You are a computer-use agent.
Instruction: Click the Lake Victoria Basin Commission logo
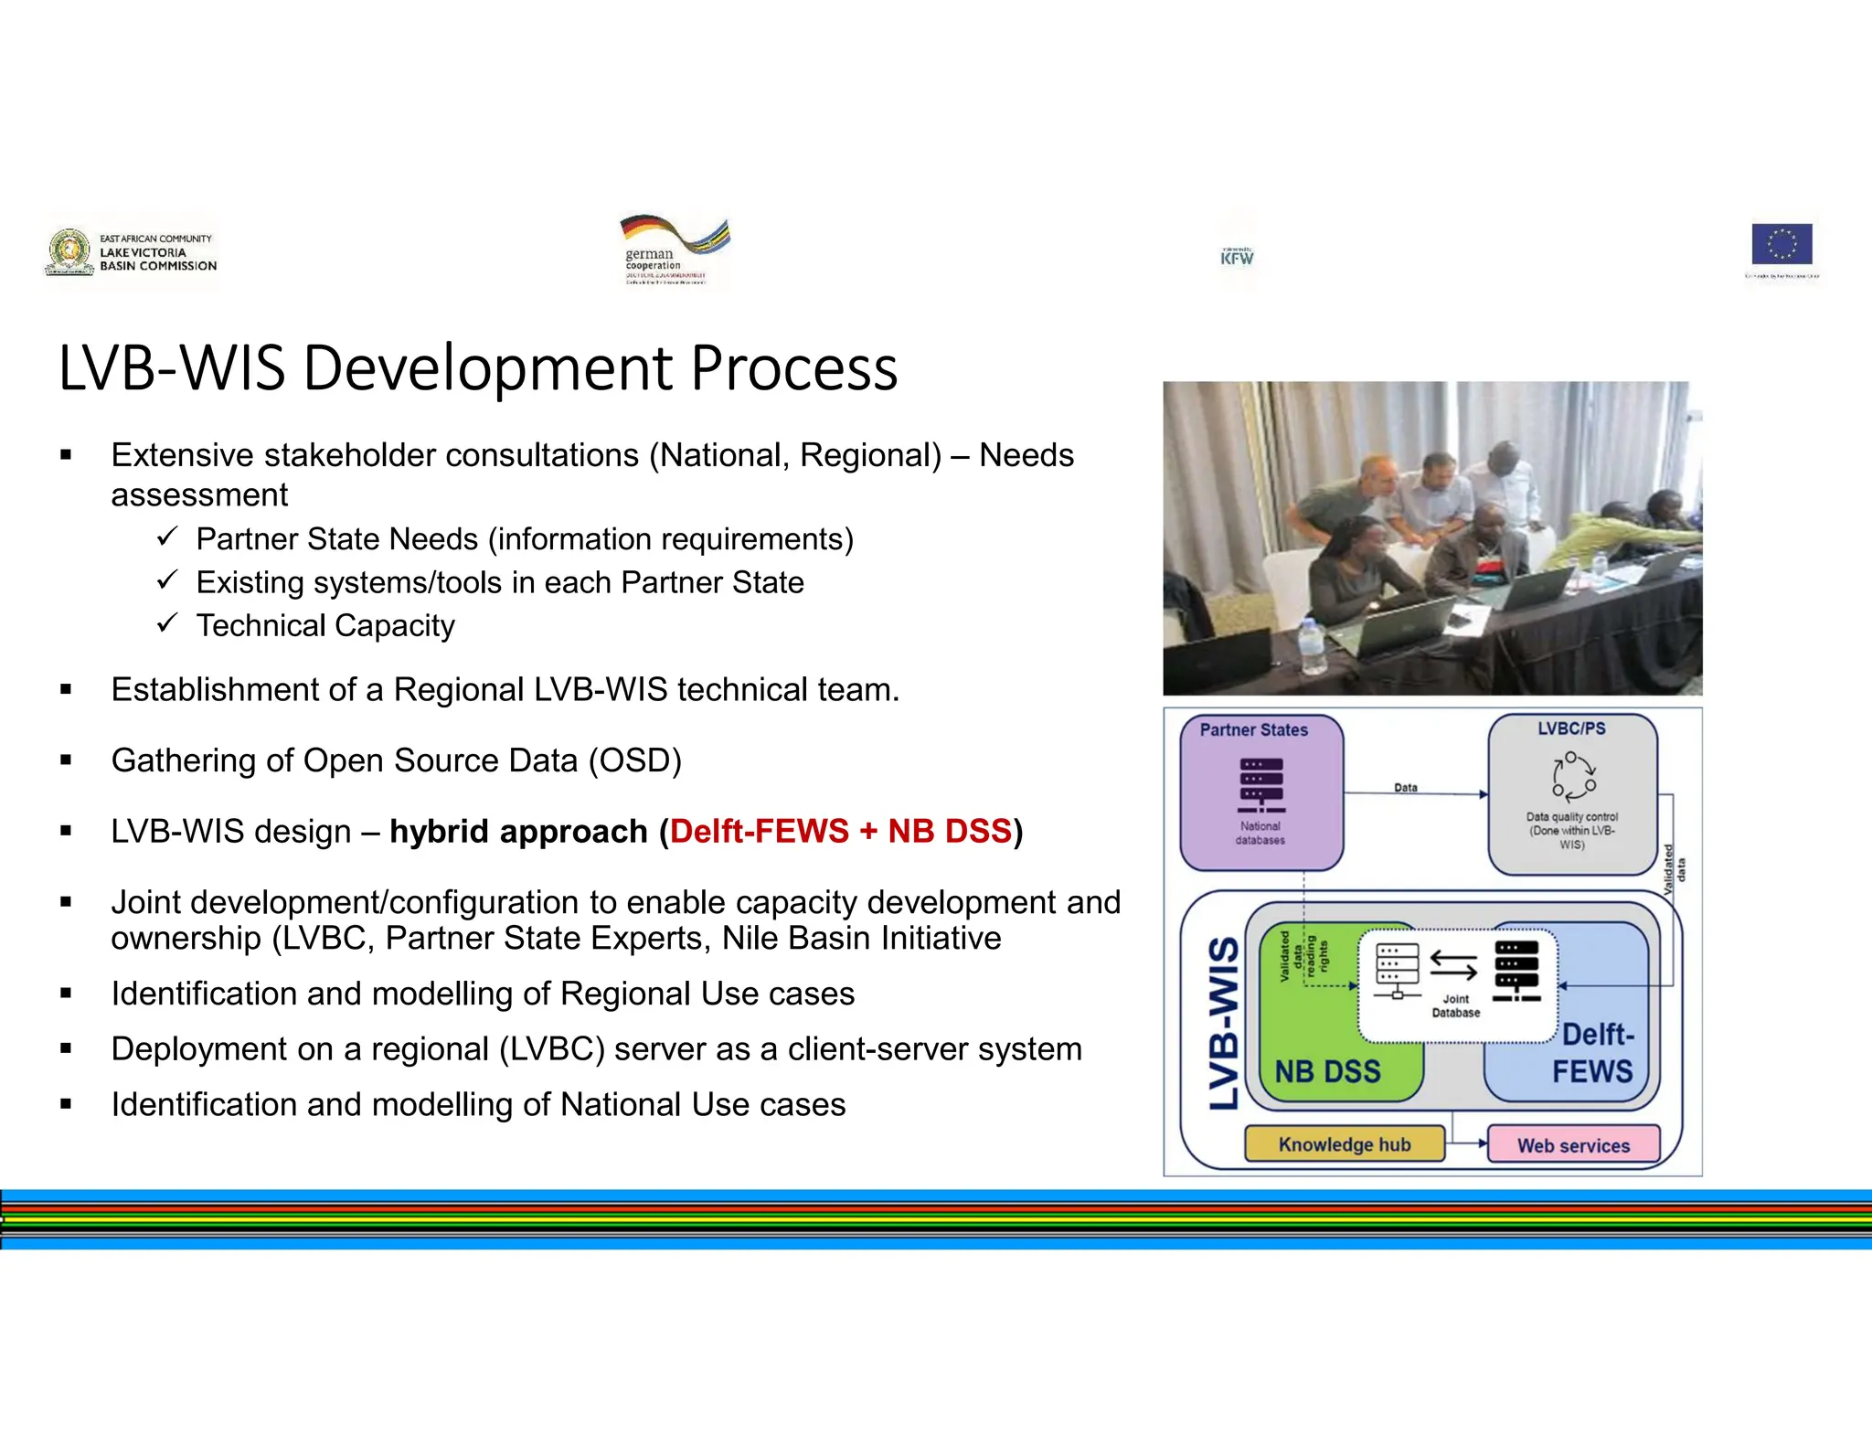coord(131,252)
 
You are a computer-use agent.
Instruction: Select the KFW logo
coord(1237,257)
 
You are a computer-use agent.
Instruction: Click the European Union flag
coord(1782,245)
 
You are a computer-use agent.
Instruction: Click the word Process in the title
coord(793,368)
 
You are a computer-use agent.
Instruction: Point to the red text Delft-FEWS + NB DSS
coord(840,831)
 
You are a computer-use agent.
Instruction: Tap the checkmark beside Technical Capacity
coord(166,623)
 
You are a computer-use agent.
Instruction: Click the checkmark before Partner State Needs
coord(166,537)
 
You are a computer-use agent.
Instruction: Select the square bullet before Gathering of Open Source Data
coord(66,760)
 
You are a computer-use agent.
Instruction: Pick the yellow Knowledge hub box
coord(1344,1143)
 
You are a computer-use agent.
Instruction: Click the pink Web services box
coord(1573,1144)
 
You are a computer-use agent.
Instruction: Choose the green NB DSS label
coord(1327,1070)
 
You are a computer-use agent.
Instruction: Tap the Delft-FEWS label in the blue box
coord(1593,1052)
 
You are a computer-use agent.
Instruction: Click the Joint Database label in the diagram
coord(1455,1005)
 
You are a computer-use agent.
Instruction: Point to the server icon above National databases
coord(1260,785)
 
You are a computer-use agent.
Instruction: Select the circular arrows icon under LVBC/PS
coord(1572,777)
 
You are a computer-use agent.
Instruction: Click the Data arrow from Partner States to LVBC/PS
coord(1415,793)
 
